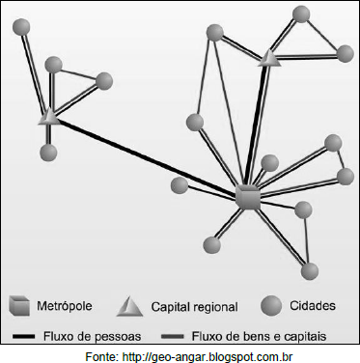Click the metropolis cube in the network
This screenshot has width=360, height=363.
tap(247, 197)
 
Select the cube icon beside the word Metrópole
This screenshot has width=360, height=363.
tap(19, 305)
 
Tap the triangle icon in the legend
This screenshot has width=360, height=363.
tap(129, 306)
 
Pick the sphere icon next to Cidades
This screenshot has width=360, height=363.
tap(271, 305)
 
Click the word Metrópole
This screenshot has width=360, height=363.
tap(65, 306)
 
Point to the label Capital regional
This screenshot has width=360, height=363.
tap(194, 307)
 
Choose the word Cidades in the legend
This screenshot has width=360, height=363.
tap(313, 305)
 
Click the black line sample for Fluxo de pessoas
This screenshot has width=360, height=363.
tap(23, 336)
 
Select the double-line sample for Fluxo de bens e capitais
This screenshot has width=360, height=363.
tap(173, 337)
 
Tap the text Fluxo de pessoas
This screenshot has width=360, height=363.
tap(93, 336)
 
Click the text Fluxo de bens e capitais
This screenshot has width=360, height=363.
tap(259, 336)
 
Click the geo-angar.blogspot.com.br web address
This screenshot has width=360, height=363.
tap(208, 356)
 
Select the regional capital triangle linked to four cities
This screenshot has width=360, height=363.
tap(49, 117)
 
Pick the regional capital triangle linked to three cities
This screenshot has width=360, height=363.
tap(269, 59)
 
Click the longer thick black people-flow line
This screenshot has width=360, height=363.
tap(149, 158)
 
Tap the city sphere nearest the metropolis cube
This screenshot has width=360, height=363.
tap(269, 163)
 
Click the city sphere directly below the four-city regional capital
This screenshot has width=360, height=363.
tap(48, 152)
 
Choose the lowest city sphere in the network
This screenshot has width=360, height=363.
tap(310, 271)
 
